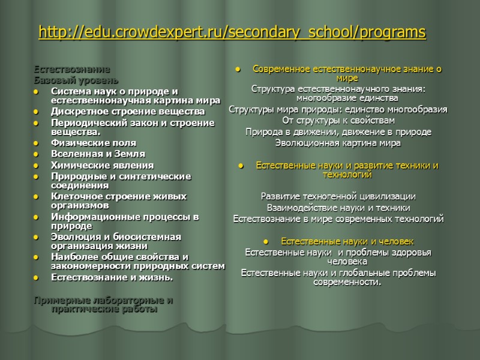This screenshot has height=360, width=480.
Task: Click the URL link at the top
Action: click(x=232, y=32)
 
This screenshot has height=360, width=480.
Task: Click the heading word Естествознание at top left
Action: click(x=72, y=70)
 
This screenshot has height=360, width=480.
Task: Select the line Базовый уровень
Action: click(x=76, y=80)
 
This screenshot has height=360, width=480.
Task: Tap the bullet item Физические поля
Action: click(x=93, y=143)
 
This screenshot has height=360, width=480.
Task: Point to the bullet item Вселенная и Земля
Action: click(x=97, y=154)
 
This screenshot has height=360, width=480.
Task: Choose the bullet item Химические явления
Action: click(x=102, y=164)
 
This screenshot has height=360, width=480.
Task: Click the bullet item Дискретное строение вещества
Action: click(x=127, y=112)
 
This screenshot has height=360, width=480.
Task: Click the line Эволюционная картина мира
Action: click(x=338, y=143)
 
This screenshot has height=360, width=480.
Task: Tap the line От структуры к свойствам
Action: click(x=338, y=120)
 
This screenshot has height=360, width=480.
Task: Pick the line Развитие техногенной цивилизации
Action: click(x=338, y=196)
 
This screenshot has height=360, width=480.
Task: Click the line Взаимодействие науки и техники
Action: click(x=338, y=207)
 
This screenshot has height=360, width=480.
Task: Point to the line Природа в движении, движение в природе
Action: click(x=338, y=131)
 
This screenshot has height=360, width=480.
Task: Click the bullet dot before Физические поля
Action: click(x=37, y=143)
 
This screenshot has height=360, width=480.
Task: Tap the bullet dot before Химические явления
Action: click(x=37, y=165)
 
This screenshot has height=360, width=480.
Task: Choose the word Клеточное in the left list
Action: click(x=74, y=196)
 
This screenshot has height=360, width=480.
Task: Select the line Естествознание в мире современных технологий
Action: click(x=338, y=218)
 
